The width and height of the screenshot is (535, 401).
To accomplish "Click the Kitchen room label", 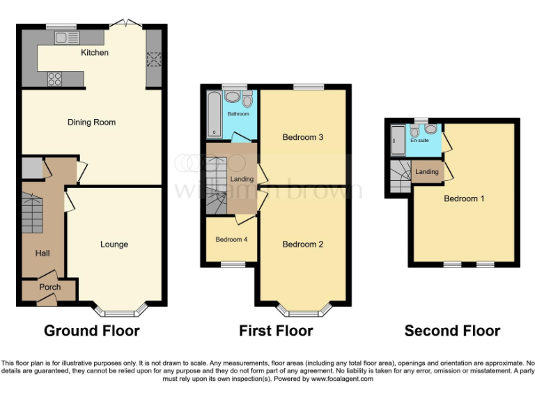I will click(x=95, y=52).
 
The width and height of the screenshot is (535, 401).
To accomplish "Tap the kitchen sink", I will click(x=68, y=38).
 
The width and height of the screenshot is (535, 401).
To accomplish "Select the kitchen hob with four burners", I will click(x=54, y=79).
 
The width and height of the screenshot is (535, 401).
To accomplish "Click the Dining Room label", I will click(x=91, y=123).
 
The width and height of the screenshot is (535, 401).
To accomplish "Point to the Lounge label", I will click(x=114, y=244).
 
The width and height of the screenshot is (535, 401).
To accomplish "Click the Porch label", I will click(x=49, y=287).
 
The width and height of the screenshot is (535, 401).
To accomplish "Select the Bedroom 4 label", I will click(x=231, y=239).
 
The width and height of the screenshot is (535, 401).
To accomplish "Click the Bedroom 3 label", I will click(x=302, y=137).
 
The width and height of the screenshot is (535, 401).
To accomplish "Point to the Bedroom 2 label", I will click(x=302, y=244).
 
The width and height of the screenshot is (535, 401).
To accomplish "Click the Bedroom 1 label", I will click(x=464, y=198).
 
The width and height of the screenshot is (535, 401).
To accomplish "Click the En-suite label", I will click(x=419, y=141).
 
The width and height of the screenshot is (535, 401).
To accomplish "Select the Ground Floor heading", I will click(x=92, y=331).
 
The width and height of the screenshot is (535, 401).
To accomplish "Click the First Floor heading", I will click(x=276, y=331).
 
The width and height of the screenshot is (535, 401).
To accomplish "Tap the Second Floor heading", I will click(x=452, y=331).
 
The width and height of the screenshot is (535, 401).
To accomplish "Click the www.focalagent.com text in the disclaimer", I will click(x=339, y=379).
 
